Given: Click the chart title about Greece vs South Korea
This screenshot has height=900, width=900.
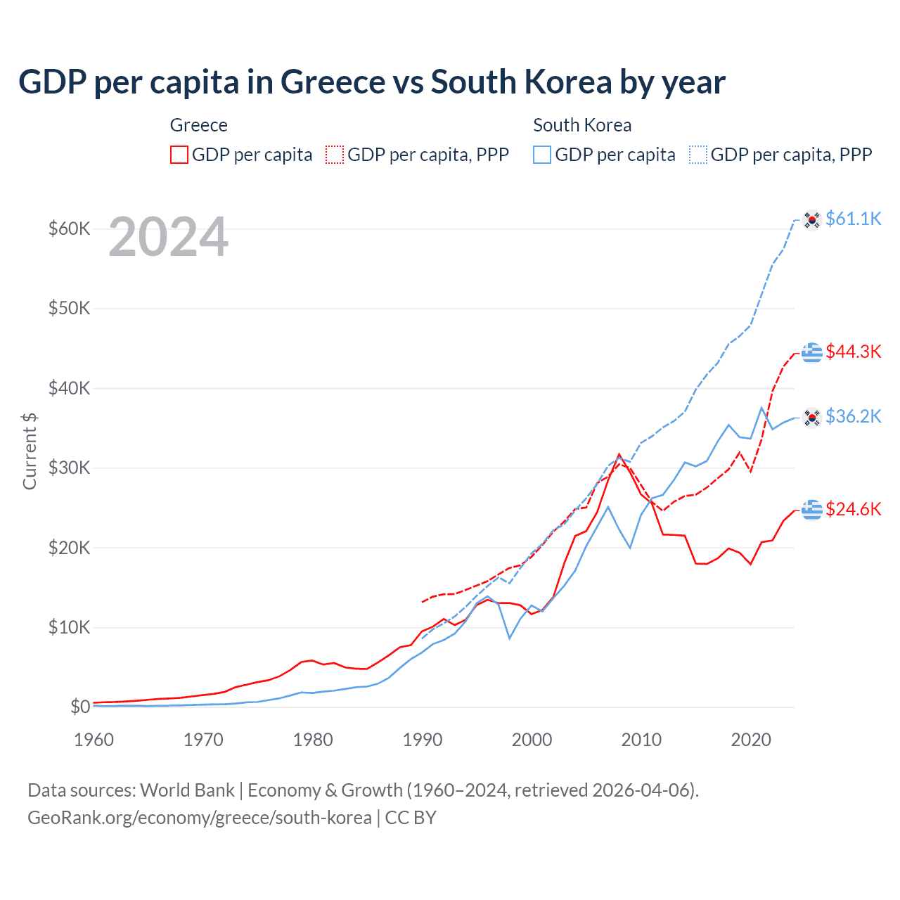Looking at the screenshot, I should pyautogui.click(x=371, y=82).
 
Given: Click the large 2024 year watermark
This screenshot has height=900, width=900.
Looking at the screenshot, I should pyautogui.click(x=168, y=238).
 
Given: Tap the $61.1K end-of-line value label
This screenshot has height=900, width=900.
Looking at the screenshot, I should pyautogui.click(x=853, y=219).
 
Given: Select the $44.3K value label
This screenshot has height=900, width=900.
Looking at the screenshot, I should pyautogui.click(x=853, y=352).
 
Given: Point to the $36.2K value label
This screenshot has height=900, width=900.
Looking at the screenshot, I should pyautogui.click(x=853, y=416).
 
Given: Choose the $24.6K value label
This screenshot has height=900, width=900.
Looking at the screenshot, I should pyautogui.click(x=853, y=509).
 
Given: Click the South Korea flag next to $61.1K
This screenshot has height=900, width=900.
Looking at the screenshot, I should pyautogui.click(x=812, y=219).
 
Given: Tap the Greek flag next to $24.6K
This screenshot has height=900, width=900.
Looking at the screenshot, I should pyautogui.click(x=812, y=509).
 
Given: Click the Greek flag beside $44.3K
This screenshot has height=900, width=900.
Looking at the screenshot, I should pyautogui.click(x=812, y=352).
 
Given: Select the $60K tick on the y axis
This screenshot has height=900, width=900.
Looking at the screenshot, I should pyautogui.click(x=69, y=229).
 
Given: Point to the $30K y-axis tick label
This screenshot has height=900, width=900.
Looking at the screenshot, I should pyautogui.click(x=69, y=468).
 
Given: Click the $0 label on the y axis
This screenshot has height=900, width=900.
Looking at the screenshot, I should pyautogui.click(x=79, y=707).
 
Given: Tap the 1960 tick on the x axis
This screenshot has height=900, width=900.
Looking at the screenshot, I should pyautogui.click(x=94, y=740).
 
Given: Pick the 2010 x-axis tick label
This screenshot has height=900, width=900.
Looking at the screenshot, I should pyautogui.click(x=641, y=740).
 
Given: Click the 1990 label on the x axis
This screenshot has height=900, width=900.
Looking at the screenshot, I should pyautogui.click(x=423, y=740).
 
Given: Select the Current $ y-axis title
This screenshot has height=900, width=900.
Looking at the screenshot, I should pyautogui.click(x=30, y=451).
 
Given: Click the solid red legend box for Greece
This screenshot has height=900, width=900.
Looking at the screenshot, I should pyautogui.click(x=179, y=155).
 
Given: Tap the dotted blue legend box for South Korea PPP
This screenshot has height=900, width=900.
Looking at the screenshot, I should pyautogui.click(x=698, y=155).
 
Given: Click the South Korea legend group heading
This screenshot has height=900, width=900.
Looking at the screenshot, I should pyautogui.click(x=582, y=125).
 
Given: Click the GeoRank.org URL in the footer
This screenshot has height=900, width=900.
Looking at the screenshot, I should pyautogui.click(x=200, y=818).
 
